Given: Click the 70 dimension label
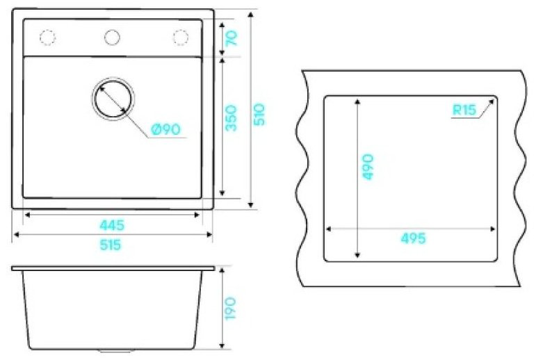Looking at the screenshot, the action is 232,38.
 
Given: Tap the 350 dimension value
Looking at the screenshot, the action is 232,118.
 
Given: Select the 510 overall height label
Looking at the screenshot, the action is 260,114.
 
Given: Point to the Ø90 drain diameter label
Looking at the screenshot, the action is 165,129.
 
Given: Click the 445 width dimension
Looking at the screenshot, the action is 112,225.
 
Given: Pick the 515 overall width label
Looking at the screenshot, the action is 111,245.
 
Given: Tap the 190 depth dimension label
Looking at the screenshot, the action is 231,309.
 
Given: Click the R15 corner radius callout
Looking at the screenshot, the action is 464,110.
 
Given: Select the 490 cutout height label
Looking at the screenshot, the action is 368,167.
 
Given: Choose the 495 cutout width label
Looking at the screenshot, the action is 413,238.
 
